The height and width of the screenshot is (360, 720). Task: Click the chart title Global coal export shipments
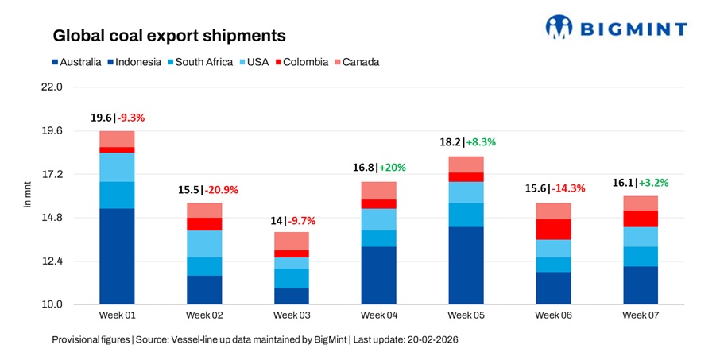pos(168,37)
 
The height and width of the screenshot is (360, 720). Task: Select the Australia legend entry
pos(77,62)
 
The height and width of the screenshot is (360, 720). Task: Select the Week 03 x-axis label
pos(292,315)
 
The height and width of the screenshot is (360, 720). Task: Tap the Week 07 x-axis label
pos(641,315)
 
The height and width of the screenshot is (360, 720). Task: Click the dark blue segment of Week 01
pos(117,256)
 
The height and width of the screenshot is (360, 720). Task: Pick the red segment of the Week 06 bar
pos(553,229)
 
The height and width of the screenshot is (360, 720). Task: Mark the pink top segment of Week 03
pos(292,241)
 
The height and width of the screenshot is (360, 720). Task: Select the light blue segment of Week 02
pos(204,244)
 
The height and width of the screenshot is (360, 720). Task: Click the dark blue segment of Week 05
pos(466,265)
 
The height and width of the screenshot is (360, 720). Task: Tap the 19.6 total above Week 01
pos(101,118)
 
